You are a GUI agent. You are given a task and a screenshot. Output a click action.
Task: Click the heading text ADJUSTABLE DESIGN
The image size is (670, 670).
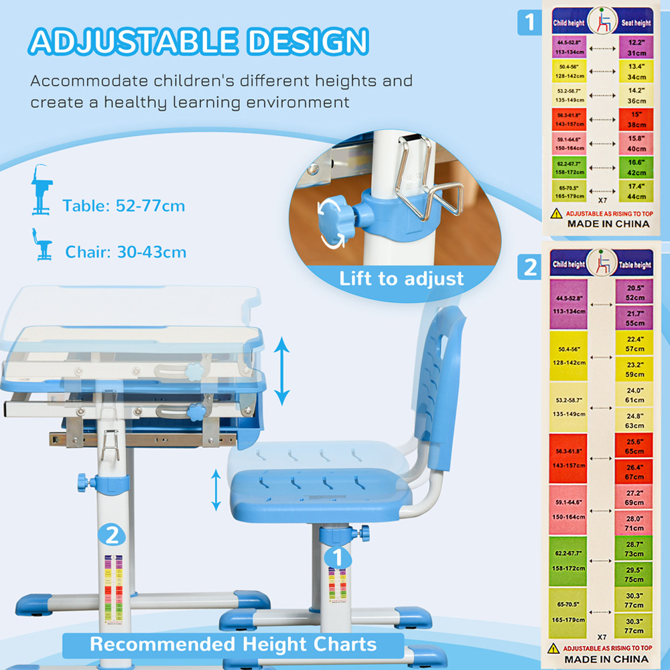tap(199, 42)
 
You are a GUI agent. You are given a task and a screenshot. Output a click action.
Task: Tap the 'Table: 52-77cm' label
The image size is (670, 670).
tap(124, 205)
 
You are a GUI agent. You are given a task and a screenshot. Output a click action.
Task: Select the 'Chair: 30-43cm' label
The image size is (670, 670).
tap(125, 252)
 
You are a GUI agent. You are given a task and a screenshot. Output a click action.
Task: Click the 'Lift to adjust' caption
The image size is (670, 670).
tap(401, 278)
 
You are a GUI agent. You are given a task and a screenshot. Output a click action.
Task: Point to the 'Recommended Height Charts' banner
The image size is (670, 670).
tap(233, 645)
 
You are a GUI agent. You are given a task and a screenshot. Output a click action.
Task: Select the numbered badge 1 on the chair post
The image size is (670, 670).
tap(338, 556)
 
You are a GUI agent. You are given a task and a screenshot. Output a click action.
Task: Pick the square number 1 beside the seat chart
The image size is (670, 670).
tap(530, 23)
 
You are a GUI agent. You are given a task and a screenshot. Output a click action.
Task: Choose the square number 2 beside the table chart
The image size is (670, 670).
tap(530, 268)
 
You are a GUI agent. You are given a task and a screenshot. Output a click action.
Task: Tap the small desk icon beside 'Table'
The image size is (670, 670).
tap(42, 191)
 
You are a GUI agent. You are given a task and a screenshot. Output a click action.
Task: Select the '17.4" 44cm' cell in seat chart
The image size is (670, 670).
tap(635, 191)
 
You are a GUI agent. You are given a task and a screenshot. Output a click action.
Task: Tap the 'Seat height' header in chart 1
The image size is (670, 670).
tap(635, 23)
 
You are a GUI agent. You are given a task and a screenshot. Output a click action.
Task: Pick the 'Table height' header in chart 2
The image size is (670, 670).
tap(634, 264)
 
